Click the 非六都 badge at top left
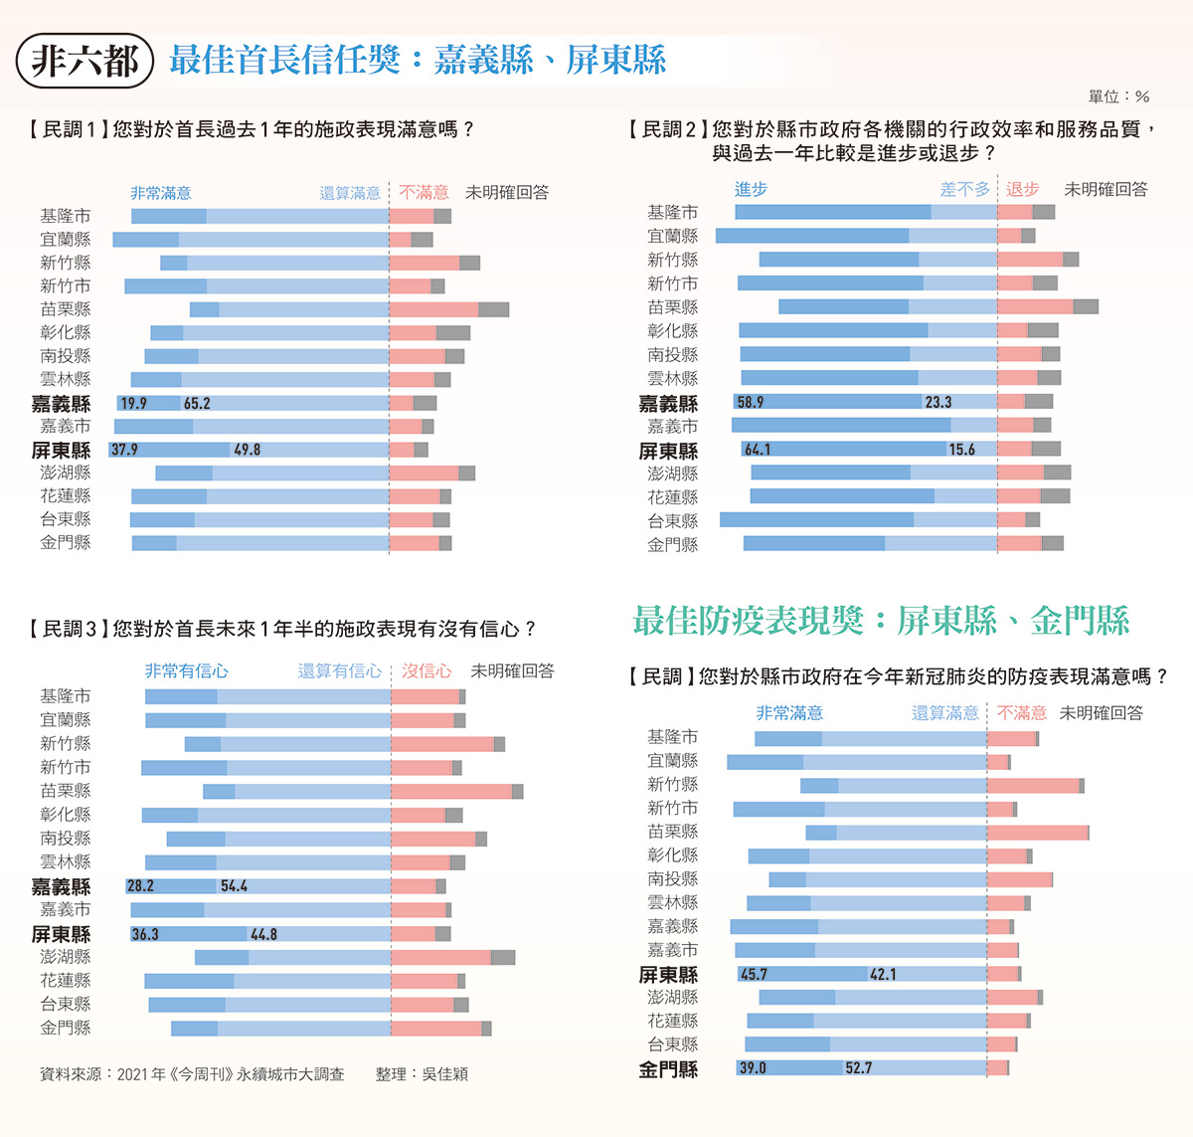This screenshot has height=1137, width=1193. point(85,61)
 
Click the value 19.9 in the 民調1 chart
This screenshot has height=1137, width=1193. point(133,403)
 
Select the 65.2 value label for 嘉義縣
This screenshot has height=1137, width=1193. point(197,403)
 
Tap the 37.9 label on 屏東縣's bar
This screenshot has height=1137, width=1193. point(124,450)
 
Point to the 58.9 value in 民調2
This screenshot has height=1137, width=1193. point(750,402)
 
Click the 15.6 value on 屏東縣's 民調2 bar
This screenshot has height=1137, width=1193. point(961,450)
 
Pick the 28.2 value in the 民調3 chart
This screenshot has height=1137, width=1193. point(140,886)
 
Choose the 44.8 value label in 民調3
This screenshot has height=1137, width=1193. point(263,934)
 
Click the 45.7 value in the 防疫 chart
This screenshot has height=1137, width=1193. point(754,974)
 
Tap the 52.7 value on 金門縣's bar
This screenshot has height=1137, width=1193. point(858,1067)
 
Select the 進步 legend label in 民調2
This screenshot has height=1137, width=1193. point(751,189)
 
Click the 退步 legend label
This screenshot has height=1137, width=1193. point(1022,189)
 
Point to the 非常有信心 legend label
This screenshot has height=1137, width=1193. point(186,671)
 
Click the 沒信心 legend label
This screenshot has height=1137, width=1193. point(426,671)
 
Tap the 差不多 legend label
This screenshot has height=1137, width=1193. point(964,189)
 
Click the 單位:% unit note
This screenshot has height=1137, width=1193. point(1118,96)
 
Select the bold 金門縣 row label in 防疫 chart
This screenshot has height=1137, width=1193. point(668,1069)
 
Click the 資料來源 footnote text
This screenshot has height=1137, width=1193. point(192,1074)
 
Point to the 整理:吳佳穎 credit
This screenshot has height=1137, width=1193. point(422,1074)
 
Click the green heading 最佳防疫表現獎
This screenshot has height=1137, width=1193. point(748,621)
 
